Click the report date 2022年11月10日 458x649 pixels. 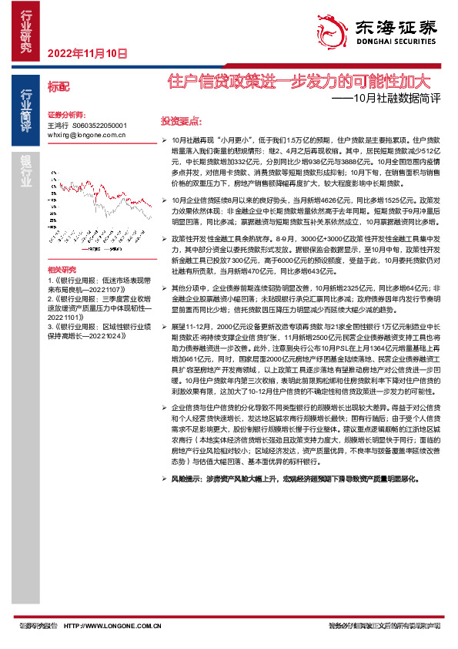point(86,53)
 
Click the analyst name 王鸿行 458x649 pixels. point(58,124)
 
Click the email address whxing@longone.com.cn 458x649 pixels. point(86,134)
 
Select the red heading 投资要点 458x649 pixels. point(181,122)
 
